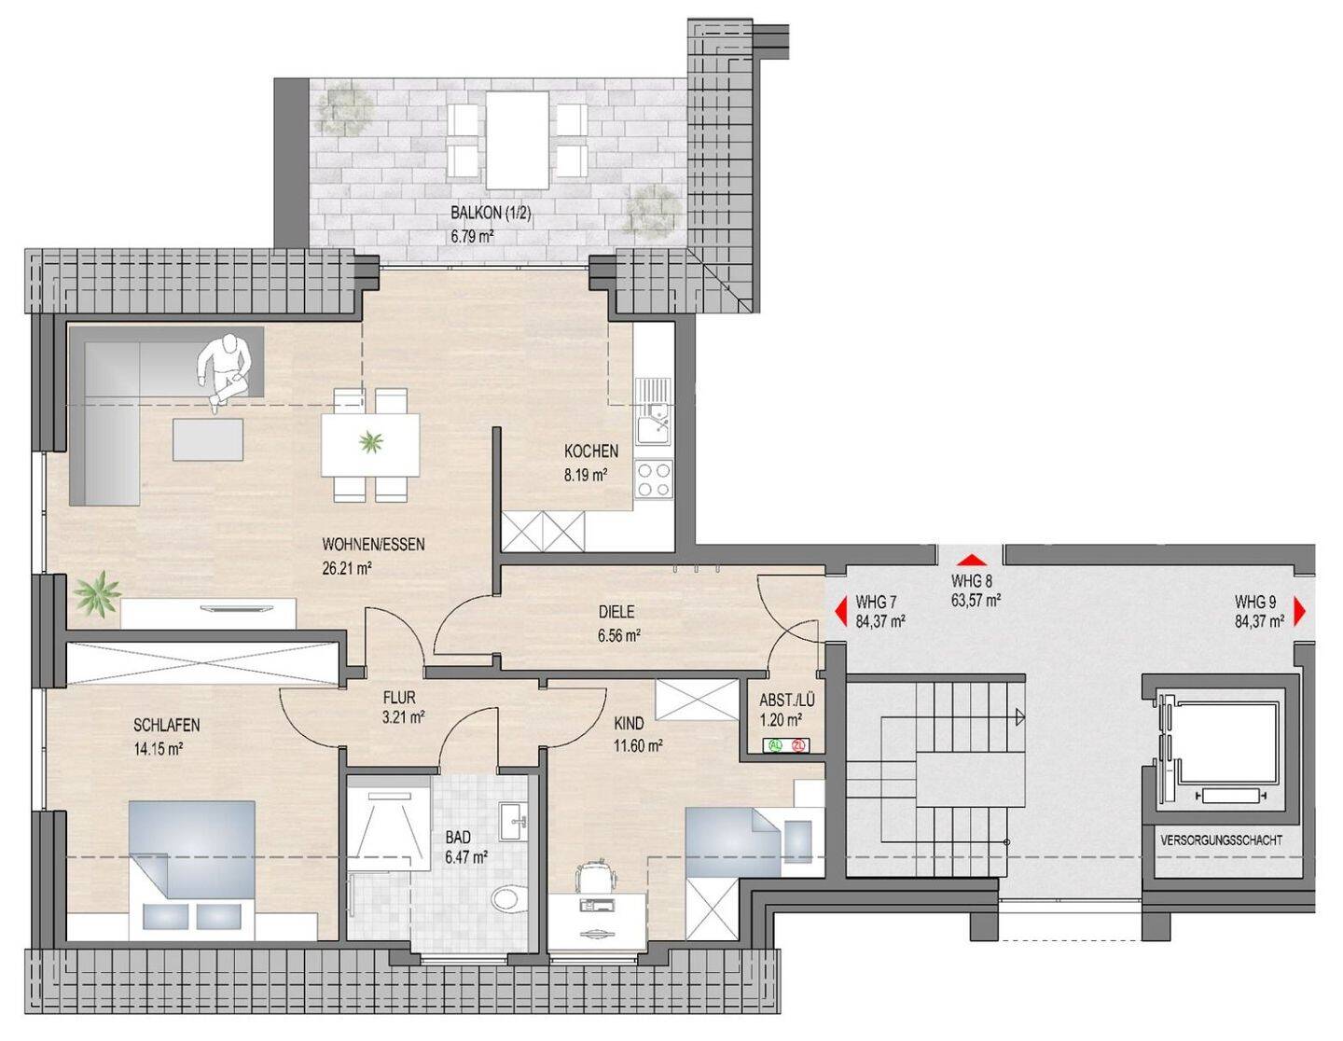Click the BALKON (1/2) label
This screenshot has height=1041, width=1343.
[x=491, y=214]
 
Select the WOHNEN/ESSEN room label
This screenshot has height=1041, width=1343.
[x=373, y=545]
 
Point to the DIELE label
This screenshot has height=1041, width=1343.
[x=616, y=612]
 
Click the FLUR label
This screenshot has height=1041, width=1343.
[x=399, y=698]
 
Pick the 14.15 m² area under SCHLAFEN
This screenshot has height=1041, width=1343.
[x=159, y=749]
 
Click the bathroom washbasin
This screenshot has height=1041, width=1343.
[x=514, y=821]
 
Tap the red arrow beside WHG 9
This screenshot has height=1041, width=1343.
[x=1299, y=613]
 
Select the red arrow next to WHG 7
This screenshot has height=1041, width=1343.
[x=840, y=613]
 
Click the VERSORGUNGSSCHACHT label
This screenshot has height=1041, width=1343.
[x=1221, y=840]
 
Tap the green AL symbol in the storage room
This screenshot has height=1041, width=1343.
[x=774, y=745]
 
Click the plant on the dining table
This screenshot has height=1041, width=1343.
[x=371, y=441]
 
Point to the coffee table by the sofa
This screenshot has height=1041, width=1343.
[x=208, y=439]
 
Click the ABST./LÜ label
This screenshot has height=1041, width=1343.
[x=787, y=701]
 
